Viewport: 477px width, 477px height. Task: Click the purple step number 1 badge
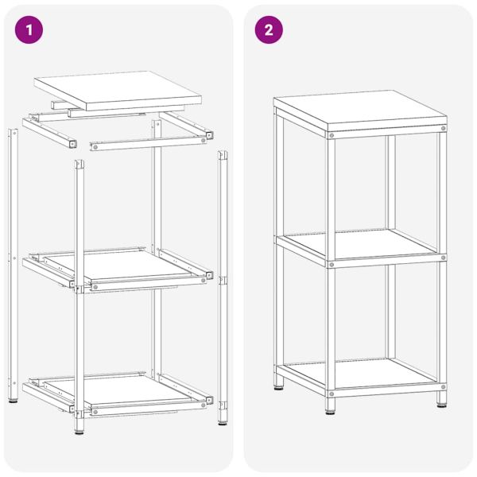click(x=30, y=30)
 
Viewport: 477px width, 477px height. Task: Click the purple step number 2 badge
click(x=269, y=30)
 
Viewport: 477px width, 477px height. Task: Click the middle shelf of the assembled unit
click(x=362, y=243)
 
